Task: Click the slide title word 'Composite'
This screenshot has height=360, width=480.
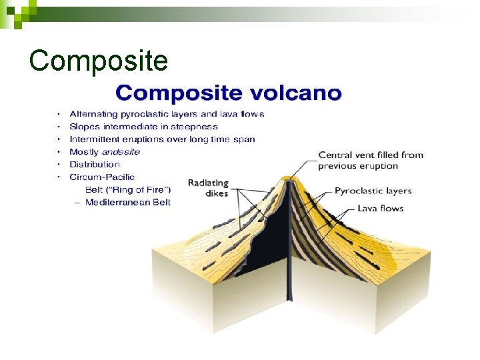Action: pyautogui.click(x=98, y=61)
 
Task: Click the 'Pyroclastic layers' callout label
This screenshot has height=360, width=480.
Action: pyautogui.click(x=373, y=191)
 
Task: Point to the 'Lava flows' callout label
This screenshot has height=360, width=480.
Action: pyautogui.click(x=381, y=208)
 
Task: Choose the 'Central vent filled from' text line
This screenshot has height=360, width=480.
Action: pyautogui.click(x=371, y=155)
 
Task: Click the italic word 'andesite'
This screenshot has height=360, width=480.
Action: pyautogui.click(x=121, y=152)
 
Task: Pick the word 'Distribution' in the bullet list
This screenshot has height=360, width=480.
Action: pyautogui.click(x=95, y=165)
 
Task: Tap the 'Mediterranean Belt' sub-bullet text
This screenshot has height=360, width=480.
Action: pyautogui.click(x=128, y=202)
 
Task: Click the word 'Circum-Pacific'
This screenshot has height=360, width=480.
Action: pyautogui.click(x=102, y=177)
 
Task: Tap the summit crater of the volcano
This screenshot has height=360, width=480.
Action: pyautogui.click(x=289, y=178)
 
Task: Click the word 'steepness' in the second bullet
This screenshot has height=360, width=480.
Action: pyautogui.click(x=194, y=127)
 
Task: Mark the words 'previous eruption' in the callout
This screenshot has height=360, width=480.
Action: pyautogui.click(x=357, y=166)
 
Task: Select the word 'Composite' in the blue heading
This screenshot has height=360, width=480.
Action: pyautogui.click(x=173, y=93)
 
